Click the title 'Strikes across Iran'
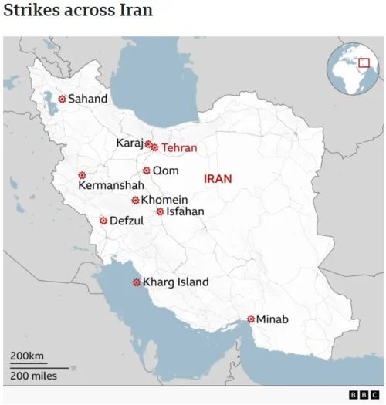[x=77, y=11]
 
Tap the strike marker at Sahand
[x=63, y=99]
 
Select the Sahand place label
[x=88, y=99]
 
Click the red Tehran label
[x=179, y=147]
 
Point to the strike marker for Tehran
[x=155, y=147]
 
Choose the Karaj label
[x=129, y=143]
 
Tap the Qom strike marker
[x=147, y=170]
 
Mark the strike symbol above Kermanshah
[x=82, y=175]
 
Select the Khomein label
[x=162, y=200]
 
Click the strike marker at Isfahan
[x=160, y=211]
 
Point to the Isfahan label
[x=185, y=211]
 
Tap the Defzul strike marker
[x=103, y=221]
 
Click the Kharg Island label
[x=175, y=282]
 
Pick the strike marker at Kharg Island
[x=137, y=282]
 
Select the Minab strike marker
[x=251, y=319]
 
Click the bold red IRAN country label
[x=218, y=178]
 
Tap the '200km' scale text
[x=27, y=356]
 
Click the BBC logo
[x=363, y=395]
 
